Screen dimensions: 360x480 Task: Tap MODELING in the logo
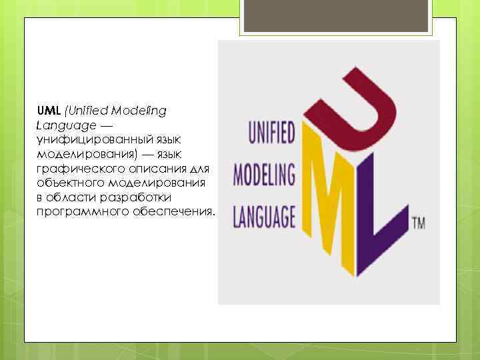pos(264,177)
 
